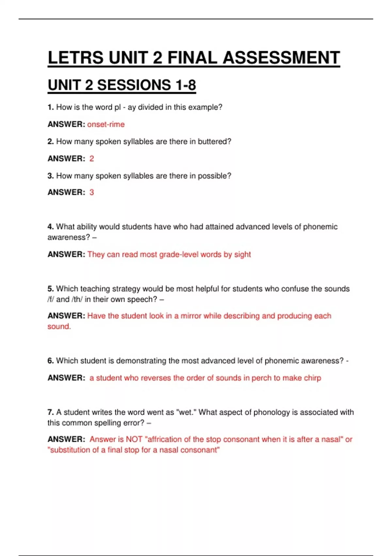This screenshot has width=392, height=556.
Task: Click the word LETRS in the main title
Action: point(76,58)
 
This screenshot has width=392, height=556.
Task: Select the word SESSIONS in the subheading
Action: point(134,85)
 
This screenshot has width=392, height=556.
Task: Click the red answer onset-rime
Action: point(106,124)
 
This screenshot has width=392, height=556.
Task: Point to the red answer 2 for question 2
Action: point(92,159)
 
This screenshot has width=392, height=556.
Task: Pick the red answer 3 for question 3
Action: point(92,192)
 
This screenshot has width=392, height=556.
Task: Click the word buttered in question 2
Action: point(214,142)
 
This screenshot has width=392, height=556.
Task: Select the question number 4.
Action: point(50,227)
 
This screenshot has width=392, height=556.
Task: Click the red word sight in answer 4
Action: point(242,254)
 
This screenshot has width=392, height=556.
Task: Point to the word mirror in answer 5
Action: point(192,316)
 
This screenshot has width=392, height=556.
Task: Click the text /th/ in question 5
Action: point(77,299)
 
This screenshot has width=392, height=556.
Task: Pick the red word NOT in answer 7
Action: point(134,439)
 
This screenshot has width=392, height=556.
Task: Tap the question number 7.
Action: point(50,412)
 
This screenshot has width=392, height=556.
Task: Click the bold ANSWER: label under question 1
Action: point(66,124)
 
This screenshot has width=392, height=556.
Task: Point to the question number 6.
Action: point(50,361)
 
